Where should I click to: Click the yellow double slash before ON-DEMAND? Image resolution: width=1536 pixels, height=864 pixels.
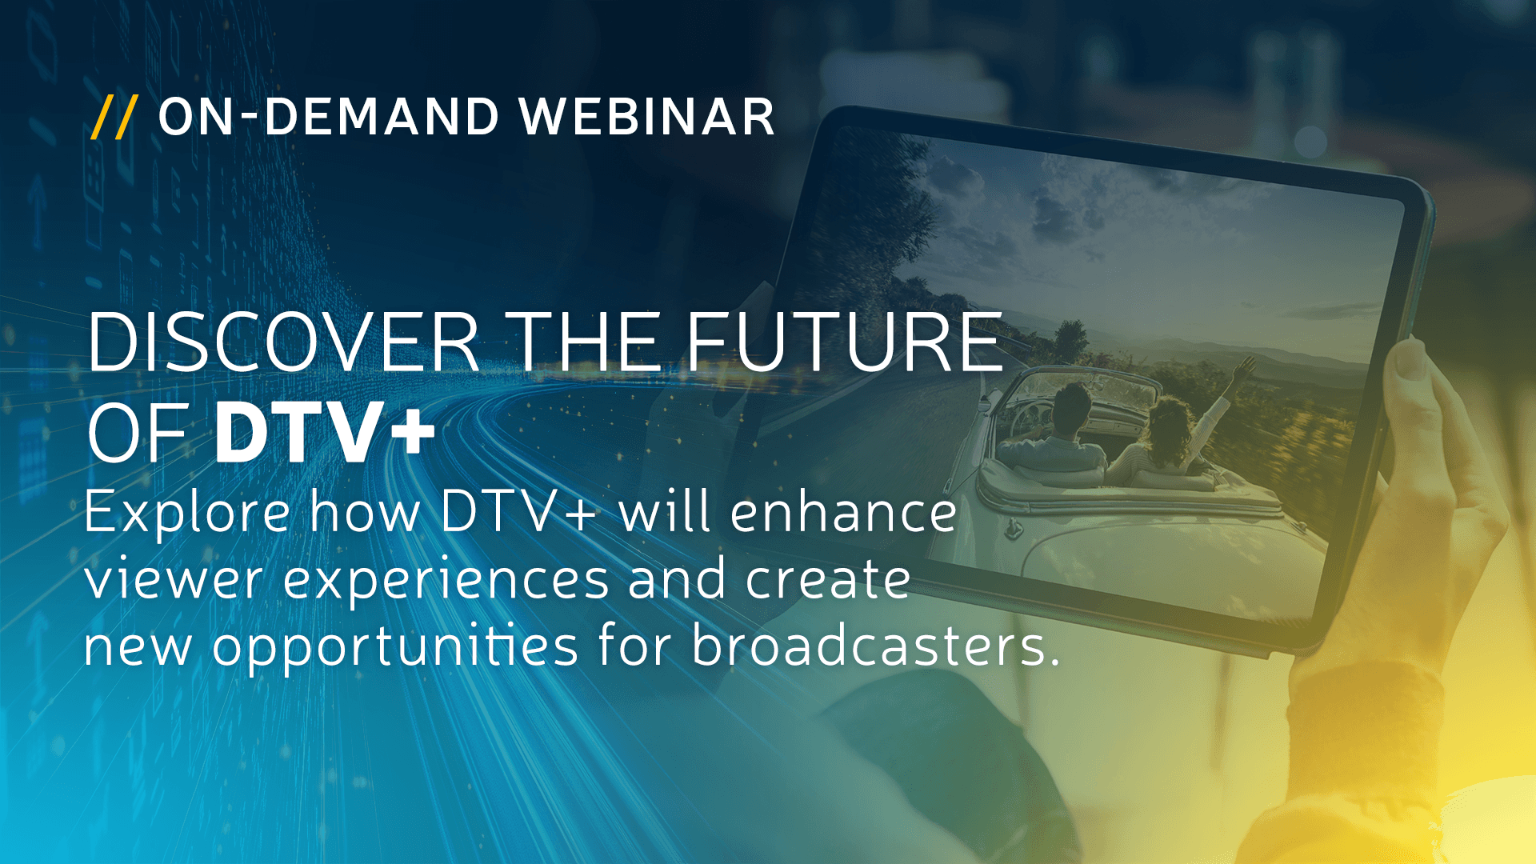tap(114, 117)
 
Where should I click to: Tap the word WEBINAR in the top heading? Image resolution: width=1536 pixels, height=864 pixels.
tap(646, 117)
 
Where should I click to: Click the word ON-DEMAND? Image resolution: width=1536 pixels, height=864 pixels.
tap(329, 117)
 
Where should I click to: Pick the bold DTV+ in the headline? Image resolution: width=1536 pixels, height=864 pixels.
tap(325, 433)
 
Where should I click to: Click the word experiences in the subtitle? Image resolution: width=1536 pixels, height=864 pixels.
tap(446, 580)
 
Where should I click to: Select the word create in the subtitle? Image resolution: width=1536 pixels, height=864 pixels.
tap(828, 580)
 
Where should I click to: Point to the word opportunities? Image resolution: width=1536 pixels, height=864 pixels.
tap(394, 646)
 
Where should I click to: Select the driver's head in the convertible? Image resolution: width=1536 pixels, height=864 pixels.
tap(1072, 408)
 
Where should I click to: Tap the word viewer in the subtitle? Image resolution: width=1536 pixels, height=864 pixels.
tap(174, 580)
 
